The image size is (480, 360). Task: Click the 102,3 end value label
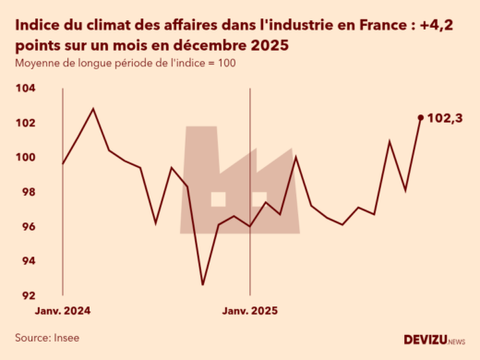click(445, 118)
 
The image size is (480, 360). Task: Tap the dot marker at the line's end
click(421, 117)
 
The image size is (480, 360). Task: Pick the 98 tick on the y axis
click(28, 192)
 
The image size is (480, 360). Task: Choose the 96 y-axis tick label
click(28, 227)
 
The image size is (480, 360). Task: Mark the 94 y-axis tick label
click(28, 261)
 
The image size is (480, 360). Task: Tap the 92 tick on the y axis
click(28, 296)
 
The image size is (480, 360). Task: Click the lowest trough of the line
click(202, 284)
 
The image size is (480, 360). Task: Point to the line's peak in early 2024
click(93, 109)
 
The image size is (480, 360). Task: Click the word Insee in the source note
click(66, 338)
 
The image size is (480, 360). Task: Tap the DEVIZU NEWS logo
click(435, 339)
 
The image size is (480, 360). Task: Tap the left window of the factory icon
click(219, 198)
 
